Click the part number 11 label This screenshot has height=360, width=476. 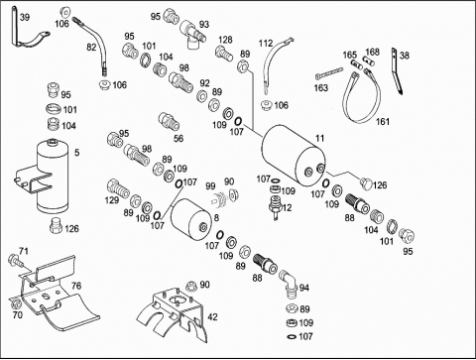tap(319, 138)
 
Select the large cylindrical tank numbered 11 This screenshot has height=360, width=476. tap(294, 157)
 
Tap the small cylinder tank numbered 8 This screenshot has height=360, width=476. tap(190, 217)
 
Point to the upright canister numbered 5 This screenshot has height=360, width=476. tap(53, 177)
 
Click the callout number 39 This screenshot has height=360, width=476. tap(24, 17)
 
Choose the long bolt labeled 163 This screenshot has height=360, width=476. tap(329, 73)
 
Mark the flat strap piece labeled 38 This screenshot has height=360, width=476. tap(397, 71)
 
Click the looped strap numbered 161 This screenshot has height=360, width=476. tap(361, 96)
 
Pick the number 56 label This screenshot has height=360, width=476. tap(178, 138)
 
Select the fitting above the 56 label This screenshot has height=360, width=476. tap(169, 121)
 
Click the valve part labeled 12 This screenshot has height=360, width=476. tap(275, 206)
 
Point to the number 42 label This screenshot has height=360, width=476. tap(212, 316)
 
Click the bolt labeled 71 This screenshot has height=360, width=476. tap(16, 260)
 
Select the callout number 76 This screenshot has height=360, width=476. tap(76, 286)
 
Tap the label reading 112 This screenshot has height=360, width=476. tap(266, 44)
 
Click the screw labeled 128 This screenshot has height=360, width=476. tap(224, 54)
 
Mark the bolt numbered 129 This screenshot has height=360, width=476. tap(118, 188)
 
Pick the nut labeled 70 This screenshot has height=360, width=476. tap(15, 303)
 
